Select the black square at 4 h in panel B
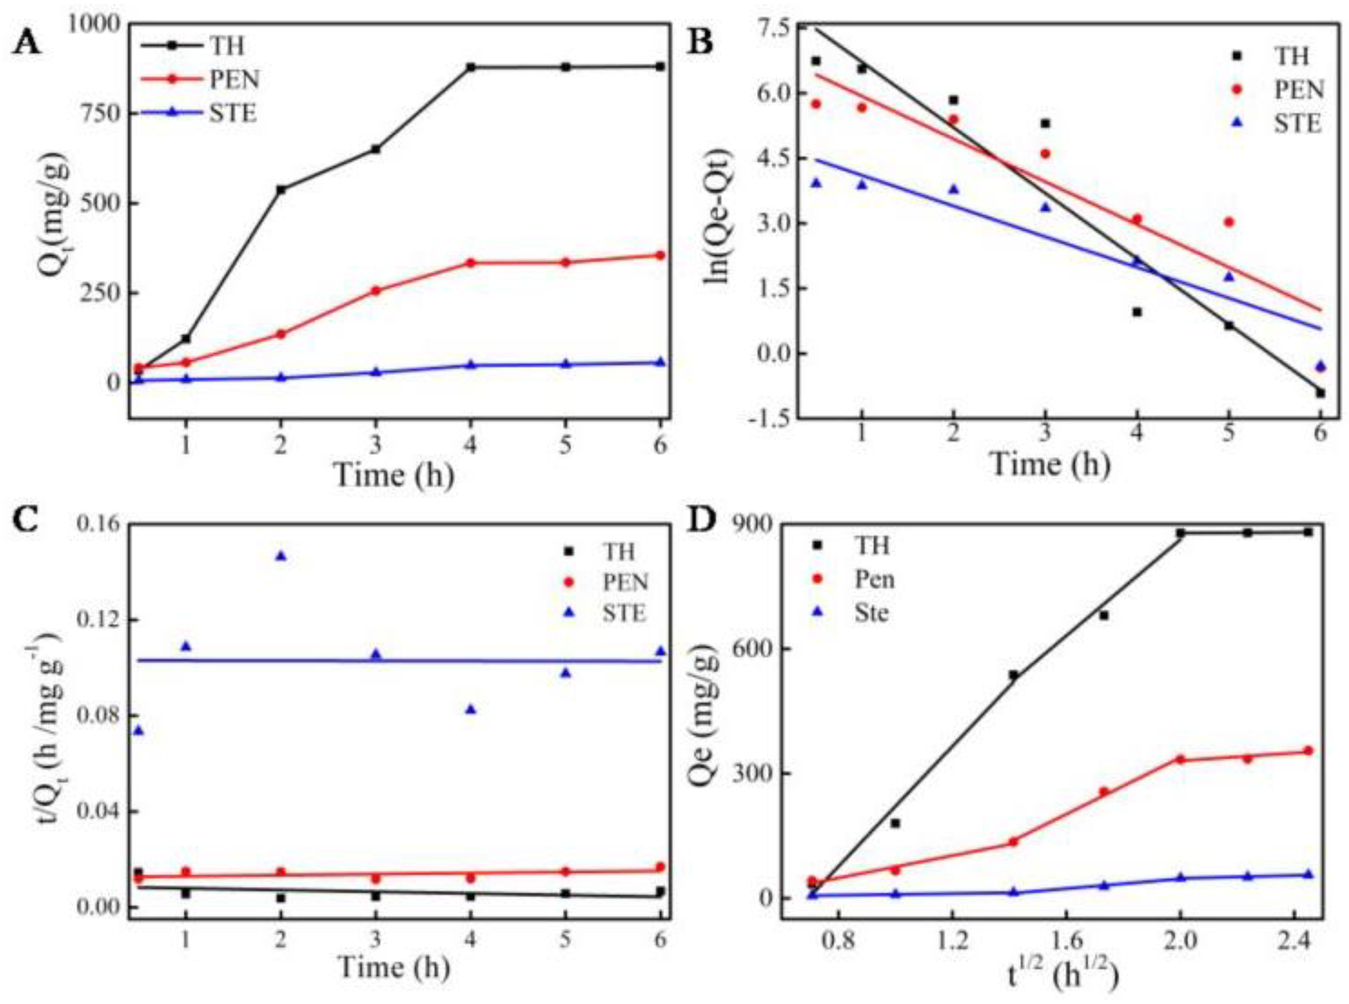tap(1137, 312)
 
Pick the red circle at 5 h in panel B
tap(1228, 222)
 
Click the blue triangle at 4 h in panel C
tap(471, 709)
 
